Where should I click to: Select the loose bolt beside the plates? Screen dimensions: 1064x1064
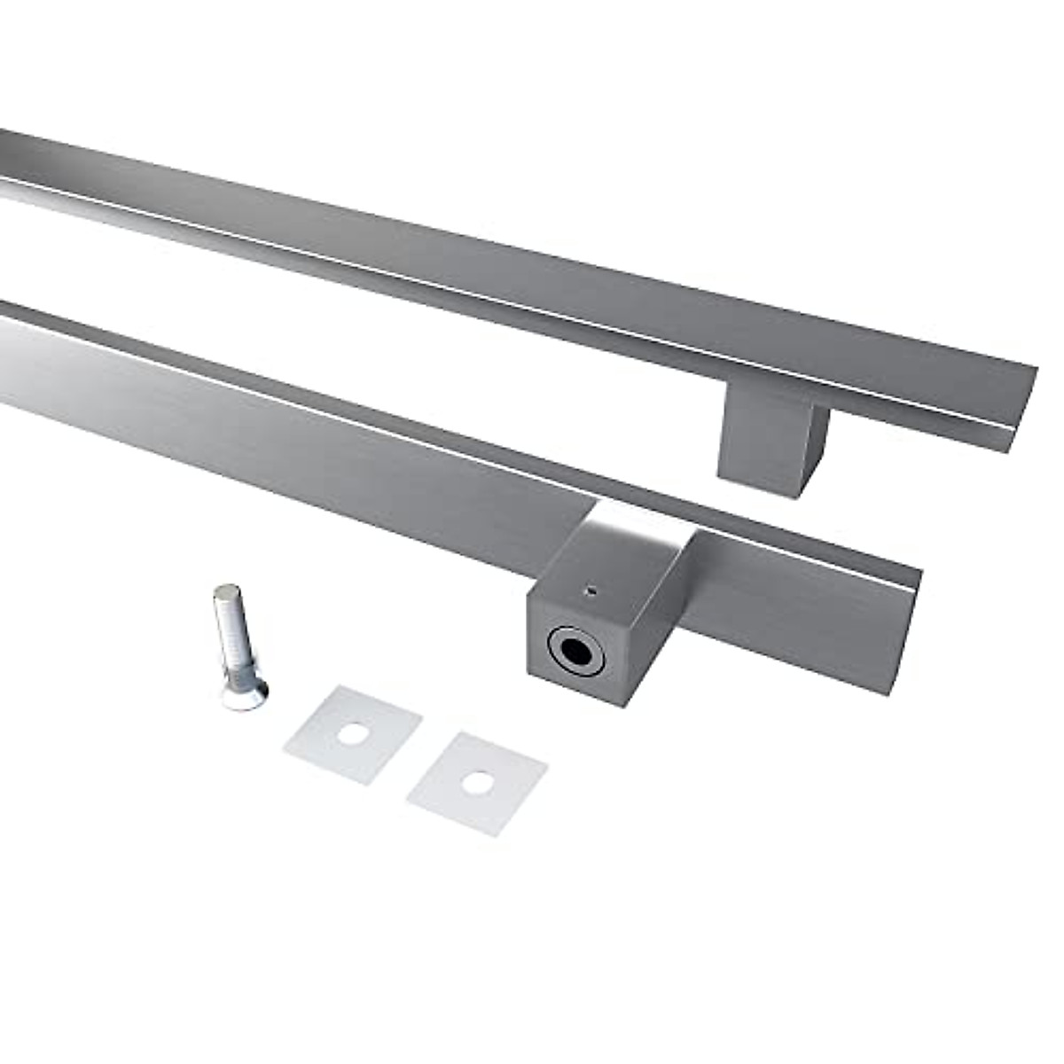coord(235,645)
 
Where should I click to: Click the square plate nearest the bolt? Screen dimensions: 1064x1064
coord(353,734)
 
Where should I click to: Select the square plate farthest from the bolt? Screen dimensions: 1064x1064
coord(477,783)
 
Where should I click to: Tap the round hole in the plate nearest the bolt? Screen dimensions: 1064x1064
coord(353,734)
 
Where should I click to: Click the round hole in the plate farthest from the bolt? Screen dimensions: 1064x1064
coord(478,783)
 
